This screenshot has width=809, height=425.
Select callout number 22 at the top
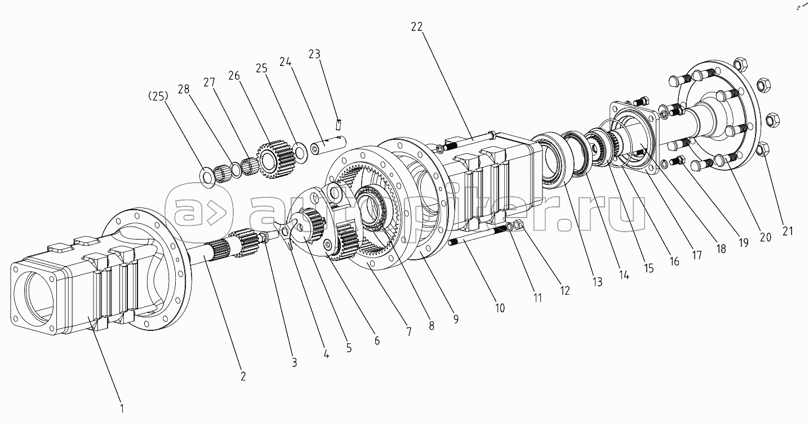[418, 26]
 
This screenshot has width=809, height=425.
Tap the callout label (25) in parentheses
[158, 96]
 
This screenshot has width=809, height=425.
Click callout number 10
[500, 308]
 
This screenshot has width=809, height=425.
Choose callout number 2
[243, 376]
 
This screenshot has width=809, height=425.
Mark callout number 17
[697, 254]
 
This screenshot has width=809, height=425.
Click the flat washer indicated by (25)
[207, 176]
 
